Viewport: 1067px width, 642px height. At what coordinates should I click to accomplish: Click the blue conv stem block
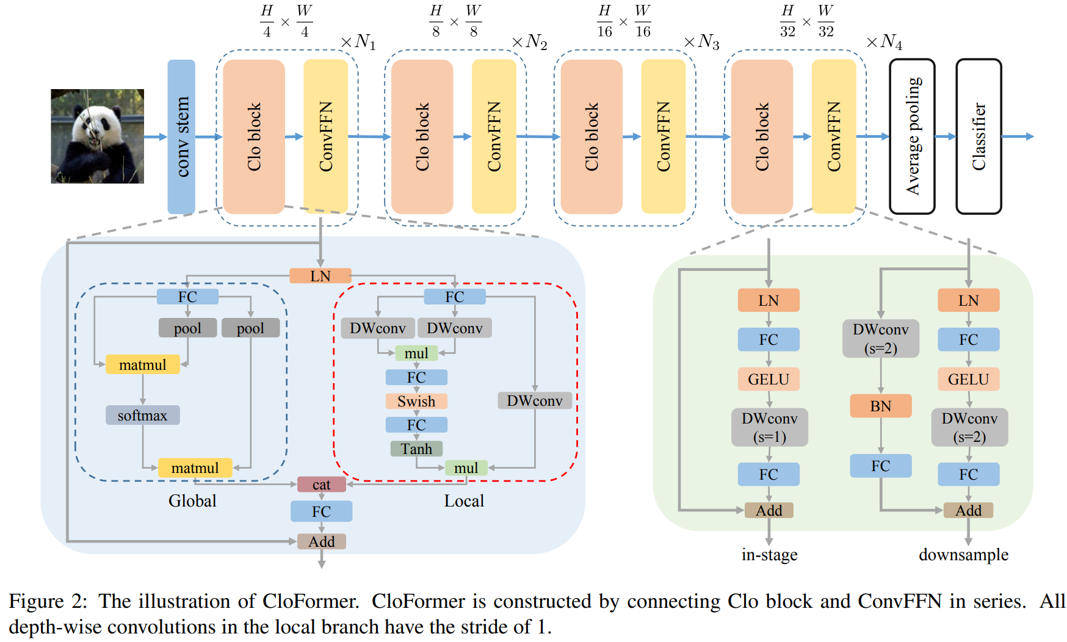click(x=181, y=137)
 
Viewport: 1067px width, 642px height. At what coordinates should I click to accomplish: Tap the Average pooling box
click(x=912, y=137)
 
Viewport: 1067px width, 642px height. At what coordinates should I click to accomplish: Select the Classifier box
click(x=978, y=137)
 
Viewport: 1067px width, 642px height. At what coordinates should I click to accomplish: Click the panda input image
click(x=98, y=136)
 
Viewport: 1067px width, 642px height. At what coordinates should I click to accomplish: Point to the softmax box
click(x=143, y=416)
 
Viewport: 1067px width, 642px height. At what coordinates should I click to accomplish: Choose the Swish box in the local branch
click(x=416, y=402)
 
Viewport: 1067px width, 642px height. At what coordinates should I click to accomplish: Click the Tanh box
click(x=416, y=449)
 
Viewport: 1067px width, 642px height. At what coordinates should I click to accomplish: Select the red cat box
click(x=322, y=485)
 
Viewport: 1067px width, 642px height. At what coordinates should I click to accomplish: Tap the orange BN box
click(x=880, y=406)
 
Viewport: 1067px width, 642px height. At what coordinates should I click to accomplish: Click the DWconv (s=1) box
click(x=769, y=427)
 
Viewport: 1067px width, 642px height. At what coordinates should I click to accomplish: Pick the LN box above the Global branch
click(x=320, y=276)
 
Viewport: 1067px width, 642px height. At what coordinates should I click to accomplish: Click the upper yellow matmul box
click(x=143, y=365)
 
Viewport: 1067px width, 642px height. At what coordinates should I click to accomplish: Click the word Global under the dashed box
click(x=192, y=501)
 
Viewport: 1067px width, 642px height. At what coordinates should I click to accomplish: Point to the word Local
click(x=464, y=501)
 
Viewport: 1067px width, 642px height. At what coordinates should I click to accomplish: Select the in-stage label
click(x=769, y=555)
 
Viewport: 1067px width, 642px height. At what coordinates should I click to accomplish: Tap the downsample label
click(x=963, y=555)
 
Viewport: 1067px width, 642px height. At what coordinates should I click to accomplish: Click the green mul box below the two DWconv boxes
click(x=416, y=353)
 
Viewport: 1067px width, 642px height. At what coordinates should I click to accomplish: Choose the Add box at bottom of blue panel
click(x=322, y=542)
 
